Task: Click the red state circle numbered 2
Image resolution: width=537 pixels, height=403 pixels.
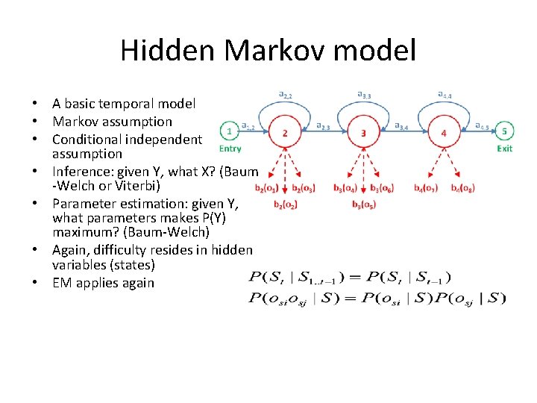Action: pos(285,133)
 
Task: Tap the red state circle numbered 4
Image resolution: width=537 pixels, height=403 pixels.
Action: pos(444,133)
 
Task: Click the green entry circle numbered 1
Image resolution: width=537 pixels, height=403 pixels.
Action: pos(230,131)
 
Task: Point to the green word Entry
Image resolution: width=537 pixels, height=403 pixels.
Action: pos(230,149)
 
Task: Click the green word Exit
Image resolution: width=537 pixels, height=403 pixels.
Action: pos(505,149)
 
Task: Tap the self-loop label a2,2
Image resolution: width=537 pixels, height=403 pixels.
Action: pos(285,95)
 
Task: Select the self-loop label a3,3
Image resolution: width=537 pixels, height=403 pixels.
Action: pos(364,95)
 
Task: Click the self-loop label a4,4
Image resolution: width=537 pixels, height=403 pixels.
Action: pos(444,95)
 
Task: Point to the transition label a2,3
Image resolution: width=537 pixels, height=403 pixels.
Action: pos(324,126)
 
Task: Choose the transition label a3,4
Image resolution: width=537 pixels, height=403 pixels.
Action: pos(403,126)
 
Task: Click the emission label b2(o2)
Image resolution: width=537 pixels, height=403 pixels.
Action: pos(285,204)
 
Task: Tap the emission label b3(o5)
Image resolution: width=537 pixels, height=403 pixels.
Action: pos(364,204)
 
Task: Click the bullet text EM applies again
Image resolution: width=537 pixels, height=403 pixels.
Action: pos(103,283)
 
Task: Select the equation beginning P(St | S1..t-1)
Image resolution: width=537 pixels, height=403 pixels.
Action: pos(349,278)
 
